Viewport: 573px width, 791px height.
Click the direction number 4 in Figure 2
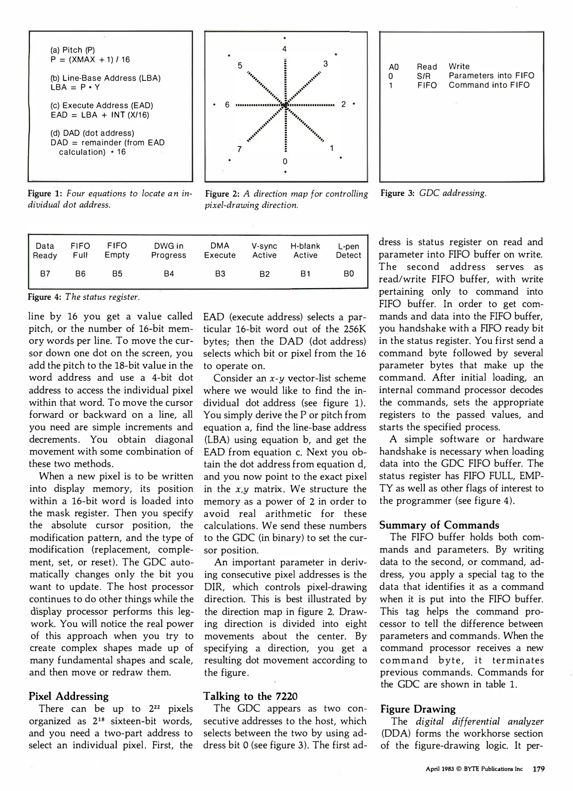[x=284, y=49]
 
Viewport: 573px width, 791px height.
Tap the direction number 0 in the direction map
[x=285, y=161]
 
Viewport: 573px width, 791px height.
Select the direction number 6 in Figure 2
[x=227, y=105]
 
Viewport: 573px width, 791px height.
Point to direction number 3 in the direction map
[x=325, y=64]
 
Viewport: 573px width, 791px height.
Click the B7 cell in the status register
[x=45, y=274]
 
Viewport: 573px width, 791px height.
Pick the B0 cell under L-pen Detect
[x=349, y=274]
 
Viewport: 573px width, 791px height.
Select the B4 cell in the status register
[x=169, y=274]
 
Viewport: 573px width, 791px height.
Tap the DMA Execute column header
[x=220, y=250]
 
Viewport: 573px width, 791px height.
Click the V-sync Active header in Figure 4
[x=264, y=250]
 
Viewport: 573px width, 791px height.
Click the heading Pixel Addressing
[x=69, y=696]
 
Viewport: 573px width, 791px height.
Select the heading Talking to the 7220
[x=250, y=696]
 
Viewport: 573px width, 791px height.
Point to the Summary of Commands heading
[x=439, y=525]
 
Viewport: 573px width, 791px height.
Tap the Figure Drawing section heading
[x=418, y=709]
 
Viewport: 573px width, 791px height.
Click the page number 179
[x=539, y=769]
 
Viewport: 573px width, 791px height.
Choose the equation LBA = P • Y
[x=75, y=87]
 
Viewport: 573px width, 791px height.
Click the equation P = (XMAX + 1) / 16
[x=90, y=60]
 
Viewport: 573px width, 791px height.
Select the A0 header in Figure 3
[x=394, y=67]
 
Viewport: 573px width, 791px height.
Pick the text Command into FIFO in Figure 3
[x=489, y=85]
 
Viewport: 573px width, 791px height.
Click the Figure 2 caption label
[x=221, y=194]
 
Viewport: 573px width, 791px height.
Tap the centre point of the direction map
[x=285, y=105]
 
